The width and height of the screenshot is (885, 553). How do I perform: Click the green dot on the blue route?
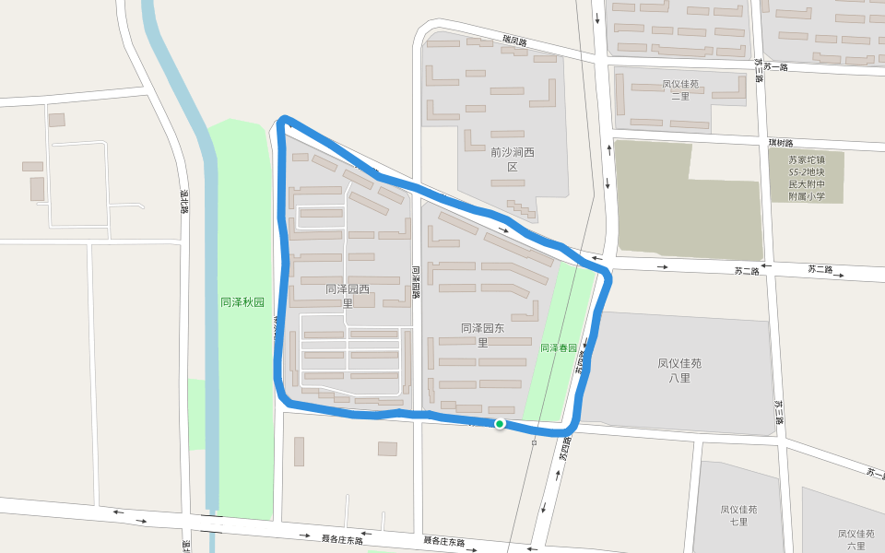500,424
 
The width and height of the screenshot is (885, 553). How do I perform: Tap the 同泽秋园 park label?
242,302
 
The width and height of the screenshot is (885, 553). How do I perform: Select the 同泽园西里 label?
348,296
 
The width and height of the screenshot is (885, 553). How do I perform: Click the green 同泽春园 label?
558,348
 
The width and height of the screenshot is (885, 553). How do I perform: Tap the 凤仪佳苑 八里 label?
679,370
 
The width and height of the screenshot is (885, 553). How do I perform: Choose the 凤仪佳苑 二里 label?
680,89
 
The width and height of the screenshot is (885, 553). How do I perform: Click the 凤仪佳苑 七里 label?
738,515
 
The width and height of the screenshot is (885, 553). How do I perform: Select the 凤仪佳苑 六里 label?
855,539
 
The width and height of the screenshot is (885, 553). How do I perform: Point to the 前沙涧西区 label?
513,159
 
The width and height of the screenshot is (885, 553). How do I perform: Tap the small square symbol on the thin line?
534,443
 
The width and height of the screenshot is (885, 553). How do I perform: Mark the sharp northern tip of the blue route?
285,119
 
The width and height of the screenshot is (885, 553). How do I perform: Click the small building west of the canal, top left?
56,120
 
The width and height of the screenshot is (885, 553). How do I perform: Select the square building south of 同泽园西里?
387,449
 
